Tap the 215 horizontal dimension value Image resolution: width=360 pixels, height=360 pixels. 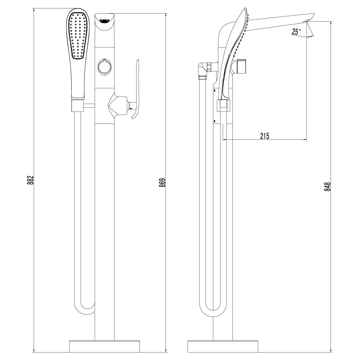(265, 136)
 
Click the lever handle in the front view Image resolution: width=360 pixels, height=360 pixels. (136, 90)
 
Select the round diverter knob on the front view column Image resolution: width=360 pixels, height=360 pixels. (104, 66)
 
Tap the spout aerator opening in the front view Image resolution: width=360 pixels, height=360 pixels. (104, 21)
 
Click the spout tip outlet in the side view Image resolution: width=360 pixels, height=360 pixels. (309, 20)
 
